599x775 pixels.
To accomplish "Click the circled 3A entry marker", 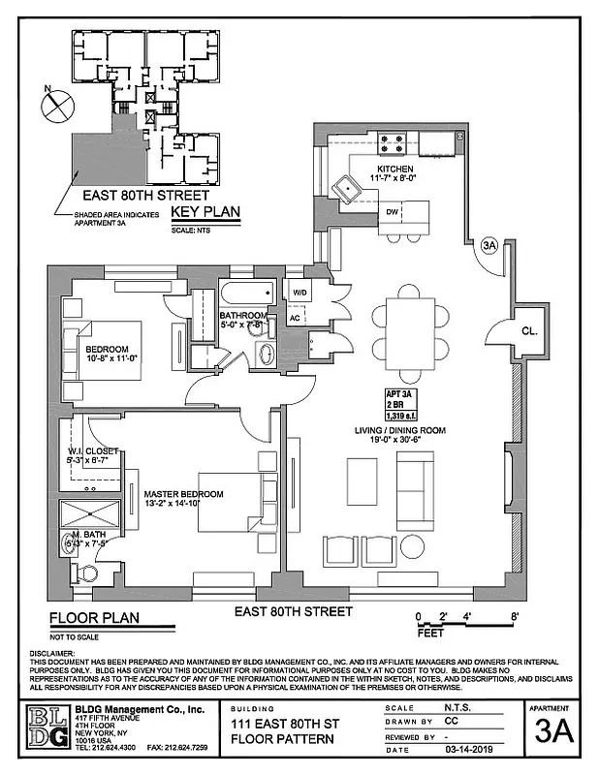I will (489, 246).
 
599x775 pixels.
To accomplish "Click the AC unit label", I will (296, 317).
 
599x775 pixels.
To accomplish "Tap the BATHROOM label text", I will (242, 316).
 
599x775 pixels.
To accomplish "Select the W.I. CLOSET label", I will (93, 451).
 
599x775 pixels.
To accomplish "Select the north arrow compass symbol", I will (57, 100).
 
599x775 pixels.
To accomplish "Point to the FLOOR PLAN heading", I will (94, 617).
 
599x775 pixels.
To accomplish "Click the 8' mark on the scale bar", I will (516, 617).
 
